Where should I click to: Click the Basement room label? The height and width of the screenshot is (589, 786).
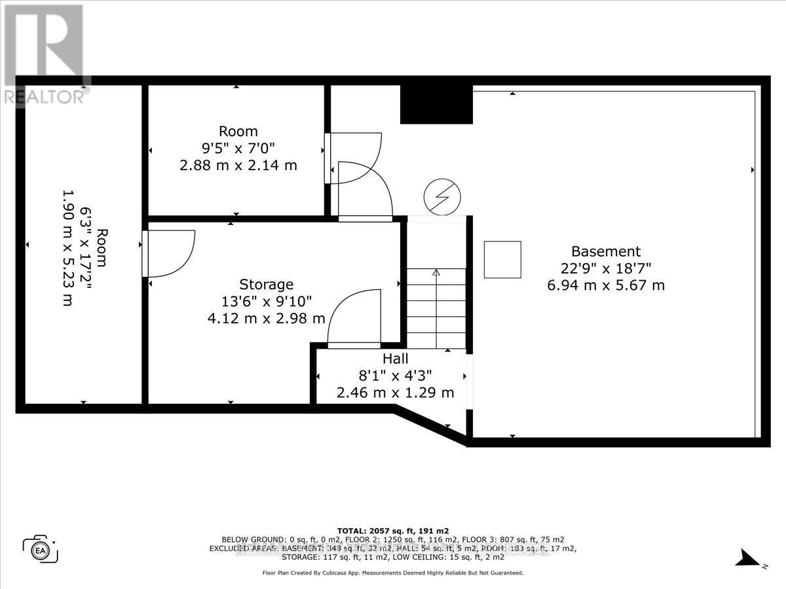point(605,251)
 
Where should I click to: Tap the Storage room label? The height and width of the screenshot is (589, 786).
point(266,285)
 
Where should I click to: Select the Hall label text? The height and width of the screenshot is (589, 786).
point(395,359)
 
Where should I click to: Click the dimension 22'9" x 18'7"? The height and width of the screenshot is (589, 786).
point(605,268)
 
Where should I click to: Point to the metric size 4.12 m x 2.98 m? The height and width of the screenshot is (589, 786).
point(266,319)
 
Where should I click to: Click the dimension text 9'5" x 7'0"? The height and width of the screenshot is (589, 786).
point(238,148)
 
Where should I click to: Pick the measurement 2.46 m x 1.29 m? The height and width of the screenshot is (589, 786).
point(395,393)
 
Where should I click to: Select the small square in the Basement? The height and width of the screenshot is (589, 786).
point(502,259)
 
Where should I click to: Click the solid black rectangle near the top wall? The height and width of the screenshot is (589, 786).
point(436,104)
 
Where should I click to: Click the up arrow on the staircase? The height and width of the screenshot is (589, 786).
point(436,274)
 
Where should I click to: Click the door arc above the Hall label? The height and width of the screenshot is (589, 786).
point(354,317)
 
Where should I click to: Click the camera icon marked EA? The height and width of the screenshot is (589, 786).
point(40,548)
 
